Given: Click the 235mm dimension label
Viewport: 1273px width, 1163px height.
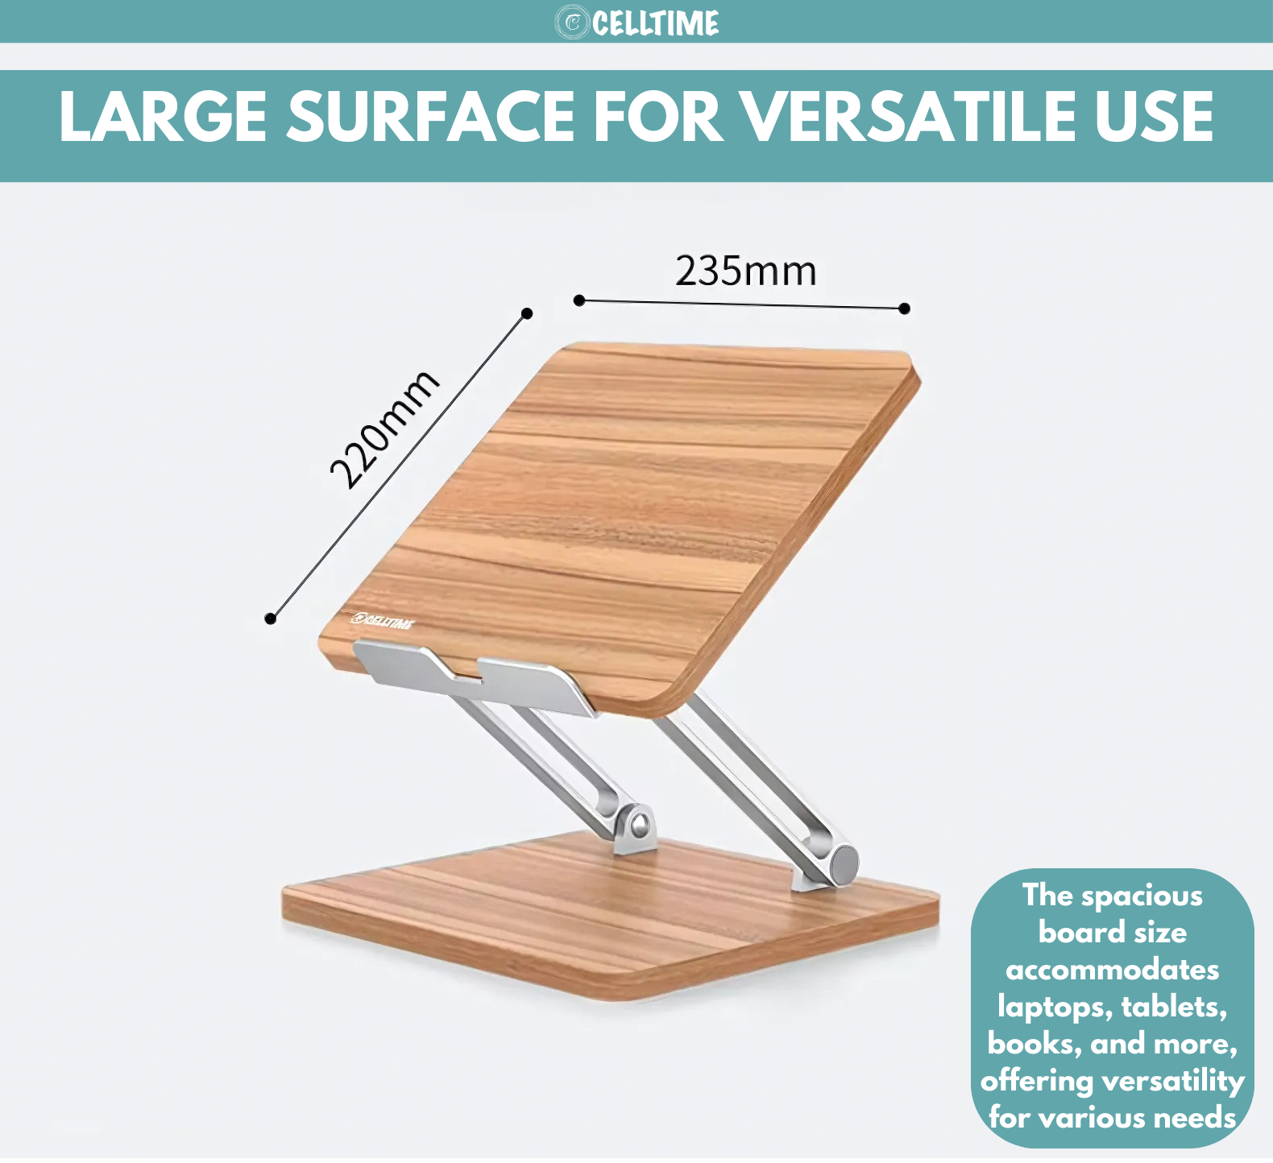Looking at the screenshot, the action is (745, 271).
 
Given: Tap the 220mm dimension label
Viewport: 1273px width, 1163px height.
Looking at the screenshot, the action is (384, 430).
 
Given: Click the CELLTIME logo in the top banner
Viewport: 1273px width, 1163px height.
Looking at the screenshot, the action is (636, 23).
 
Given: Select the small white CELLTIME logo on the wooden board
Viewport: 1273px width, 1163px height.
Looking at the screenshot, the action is (383, 620).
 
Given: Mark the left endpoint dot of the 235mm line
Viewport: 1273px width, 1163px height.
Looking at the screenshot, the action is (579, 300).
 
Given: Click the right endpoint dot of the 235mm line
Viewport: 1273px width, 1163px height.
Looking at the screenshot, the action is (904, 308).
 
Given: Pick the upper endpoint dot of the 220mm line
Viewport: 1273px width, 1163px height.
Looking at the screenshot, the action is (527, 313).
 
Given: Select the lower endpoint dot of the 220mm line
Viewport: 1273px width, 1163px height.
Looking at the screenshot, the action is (271, 619).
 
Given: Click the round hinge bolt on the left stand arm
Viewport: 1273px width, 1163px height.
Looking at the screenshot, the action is (639, 824).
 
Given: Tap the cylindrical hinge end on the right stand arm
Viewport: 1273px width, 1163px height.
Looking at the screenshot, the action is (844, 863).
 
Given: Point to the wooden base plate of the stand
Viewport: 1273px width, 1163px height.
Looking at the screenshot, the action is (610, 918).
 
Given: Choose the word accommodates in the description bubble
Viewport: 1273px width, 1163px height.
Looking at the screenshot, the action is (1112, 970).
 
